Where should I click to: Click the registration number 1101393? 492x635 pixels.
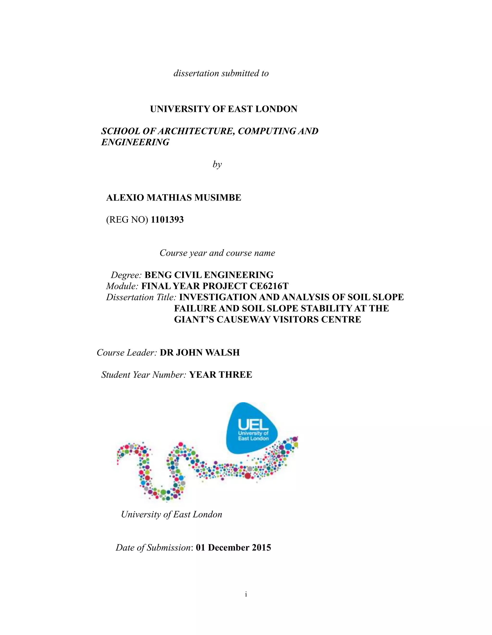[167, 220]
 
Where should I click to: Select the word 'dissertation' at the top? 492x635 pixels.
[196, 73]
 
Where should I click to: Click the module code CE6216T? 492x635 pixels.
[269, 286]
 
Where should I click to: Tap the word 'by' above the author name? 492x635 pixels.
[217, 165]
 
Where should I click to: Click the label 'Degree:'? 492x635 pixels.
[126, 275]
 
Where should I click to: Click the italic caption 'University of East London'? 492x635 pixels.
[172, 515]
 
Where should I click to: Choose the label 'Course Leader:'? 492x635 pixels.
[127, 353]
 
